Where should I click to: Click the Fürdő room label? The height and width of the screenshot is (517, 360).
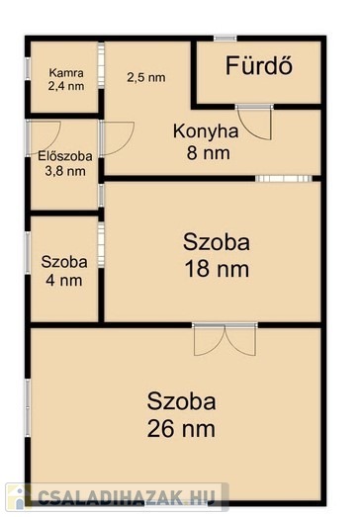click(259, 65)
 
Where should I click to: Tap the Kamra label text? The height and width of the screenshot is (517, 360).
click(66, 73)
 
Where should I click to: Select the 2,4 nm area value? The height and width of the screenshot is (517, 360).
click(66, 86)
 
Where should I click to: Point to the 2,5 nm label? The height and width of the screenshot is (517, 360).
click(146, 78)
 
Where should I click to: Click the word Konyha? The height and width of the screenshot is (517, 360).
click(206, 131)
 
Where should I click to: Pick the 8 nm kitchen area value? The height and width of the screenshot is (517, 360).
click(209, 153)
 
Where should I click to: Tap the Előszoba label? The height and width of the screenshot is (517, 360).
click(65, 156)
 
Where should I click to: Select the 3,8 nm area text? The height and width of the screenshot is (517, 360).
click(65, 171)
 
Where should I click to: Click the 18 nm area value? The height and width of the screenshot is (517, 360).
click(217, 269)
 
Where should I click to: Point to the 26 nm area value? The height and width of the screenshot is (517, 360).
click(181, 429)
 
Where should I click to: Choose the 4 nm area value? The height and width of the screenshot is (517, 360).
click(64, 281)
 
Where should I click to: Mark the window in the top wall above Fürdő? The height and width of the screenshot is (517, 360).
click(225, 39)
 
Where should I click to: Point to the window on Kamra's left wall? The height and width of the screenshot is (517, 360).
click(28, 68)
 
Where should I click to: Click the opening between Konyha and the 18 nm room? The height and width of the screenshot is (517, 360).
click(284, 179)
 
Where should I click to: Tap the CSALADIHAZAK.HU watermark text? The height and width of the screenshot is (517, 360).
click(127, 497)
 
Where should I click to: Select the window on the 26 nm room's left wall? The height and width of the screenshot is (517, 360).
click(28, 408)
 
